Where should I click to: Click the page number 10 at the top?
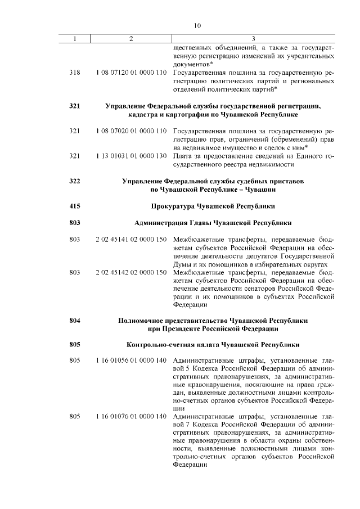(x=197, y=25)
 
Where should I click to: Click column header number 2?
(x=131, y=38)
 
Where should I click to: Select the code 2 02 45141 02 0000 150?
(x=131, y=240)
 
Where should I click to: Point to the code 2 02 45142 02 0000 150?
(x=131, y=273)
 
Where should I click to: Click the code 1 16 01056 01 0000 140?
(x=131, y=359)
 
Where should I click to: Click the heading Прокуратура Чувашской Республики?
(x=213, y=206)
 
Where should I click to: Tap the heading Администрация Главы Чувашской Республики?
(x=213, y=223)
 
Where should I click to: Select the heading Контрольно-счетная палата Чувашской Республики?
(x=213, y=344)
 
